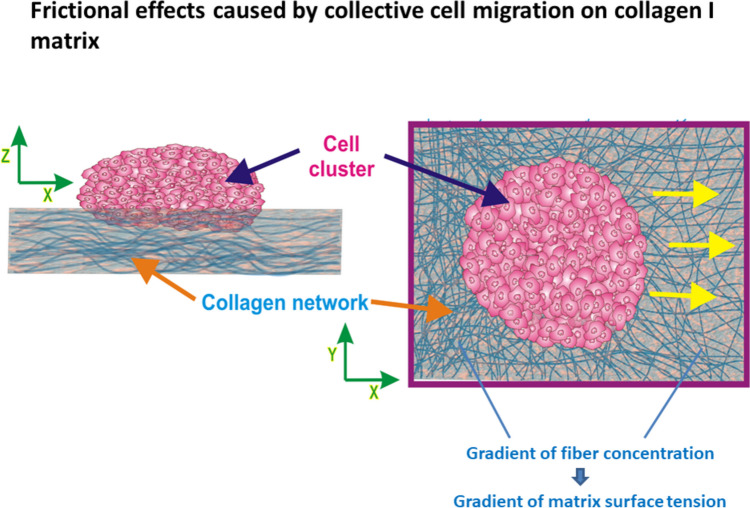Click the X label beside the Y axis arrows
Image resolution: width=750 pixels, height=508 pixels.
[374, 392]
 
